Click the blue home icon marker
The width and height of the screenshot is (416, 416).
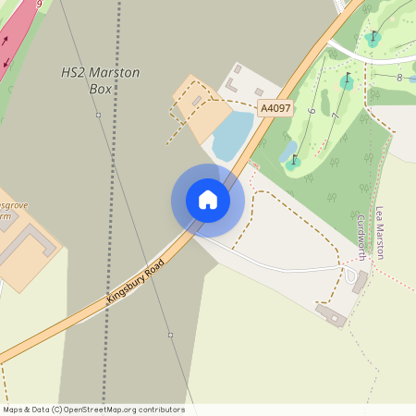pyautogui.click(x=207, y=200)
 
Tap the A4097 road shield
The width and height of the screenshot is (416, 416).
pyautogui.click(x=275, y=108)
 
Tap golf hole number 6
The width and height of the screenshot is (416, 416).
pyautogui.click(x=312, y=111)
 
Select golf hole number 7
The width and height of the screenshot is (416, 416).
pyautogui.click(x=334, y=116)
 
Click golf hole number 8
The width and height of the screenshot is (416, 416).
pyautogui.click(x=399, y=78)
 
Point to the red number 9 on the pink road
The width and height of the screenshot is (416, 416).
pyautogui.click(x=39, y=5)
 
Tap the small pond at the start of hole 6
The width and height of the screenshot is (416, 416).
pyautogui.click(x=288, y=148)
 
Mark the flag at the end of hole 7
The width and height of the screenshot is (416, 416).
pyautogui.click(x=347, y=81)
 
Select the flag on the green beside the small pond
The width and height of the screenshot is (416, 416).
pyautogui.click(x=295, y=162)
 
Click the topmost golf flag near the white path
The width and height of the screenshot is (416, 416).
pyautogui.click(x=373, y=39)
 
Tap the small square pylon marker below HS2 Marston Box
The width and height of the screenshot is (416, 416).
pyautogui.click(x=98, y=115)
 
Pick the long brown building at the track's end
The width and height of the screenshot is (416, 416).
pyautogui.click(x=329, y=315)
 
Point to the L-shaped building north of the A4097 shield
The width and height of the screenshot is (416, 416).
pyautogui.click(x=232, y=85)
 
